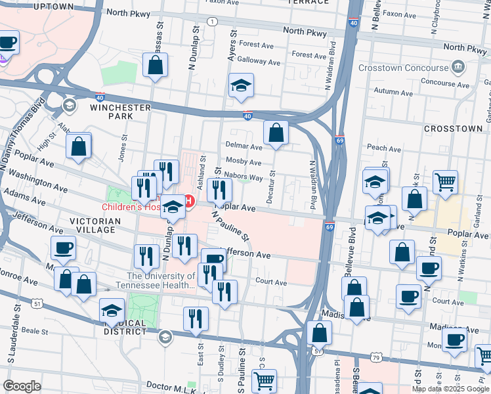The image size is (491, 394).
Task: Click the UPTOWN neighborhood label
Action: [x=52, y=6]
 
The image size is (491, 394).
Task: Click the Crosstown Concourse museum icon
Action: [x=458, y=66]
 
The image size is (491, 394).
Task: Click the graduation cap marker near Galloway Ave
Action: [x=241, y=85]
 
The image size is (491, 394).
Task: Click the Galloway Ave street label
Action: [x=260, y=62]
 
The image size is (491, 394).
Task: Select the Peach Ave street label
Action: [x=383, y=148]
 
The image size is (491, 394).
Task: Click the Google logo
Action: [x=22, y=385]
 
